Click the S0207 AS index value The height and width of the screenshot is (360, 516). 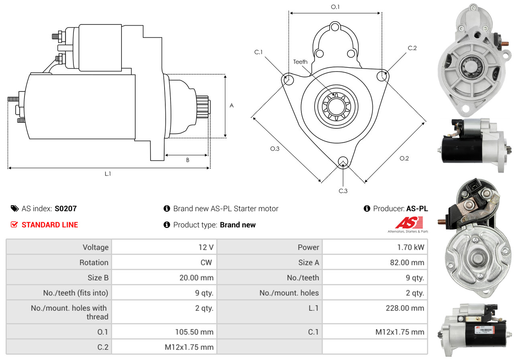(x=66, y=208)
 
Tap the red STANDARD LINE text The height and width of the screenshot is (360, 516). (x=50, y=224)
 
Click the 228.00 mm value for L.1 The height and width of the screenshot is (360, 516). (x=405, y=308)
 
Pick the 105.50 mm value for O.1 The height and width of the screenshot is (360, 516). (x=194, y=332)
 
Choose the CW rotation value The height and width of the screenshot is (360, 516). (x=206, y=263)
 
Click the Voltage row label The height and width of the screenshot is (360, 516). (x=95, y=247)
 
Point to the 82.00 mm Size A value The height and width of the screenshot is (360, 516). (x=407, y=263)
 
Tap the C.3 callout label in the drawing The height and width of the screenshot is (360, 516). (x=343, y=191)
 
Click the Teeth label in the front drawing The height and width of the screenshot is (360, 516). (x=300, y=62)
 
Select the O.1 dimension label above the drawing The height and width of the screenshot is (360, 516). (x=335, y=7)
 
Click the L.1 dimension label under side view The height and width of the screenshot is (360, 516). (x=108, y=174)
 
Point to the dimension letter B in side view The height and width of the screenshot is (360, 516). (x=188, y=160)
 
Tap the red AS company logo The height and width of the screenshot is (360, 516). (x=409, y=222)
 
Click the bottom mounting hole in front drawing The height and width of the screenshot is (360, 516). (x=343, y=161)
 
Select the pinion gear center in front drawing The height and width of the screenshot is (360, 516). (x=336, y=107)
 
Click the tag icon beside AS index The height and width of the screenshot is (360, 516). (x=15, y=208)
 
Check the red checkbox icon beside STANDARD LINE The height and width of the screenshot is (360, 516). (x=14, y=224)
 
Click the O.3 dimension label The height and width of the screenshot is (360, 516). (x=275, y=149)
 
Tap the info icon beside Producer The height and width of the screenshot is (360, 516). (x=367, y=208)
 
